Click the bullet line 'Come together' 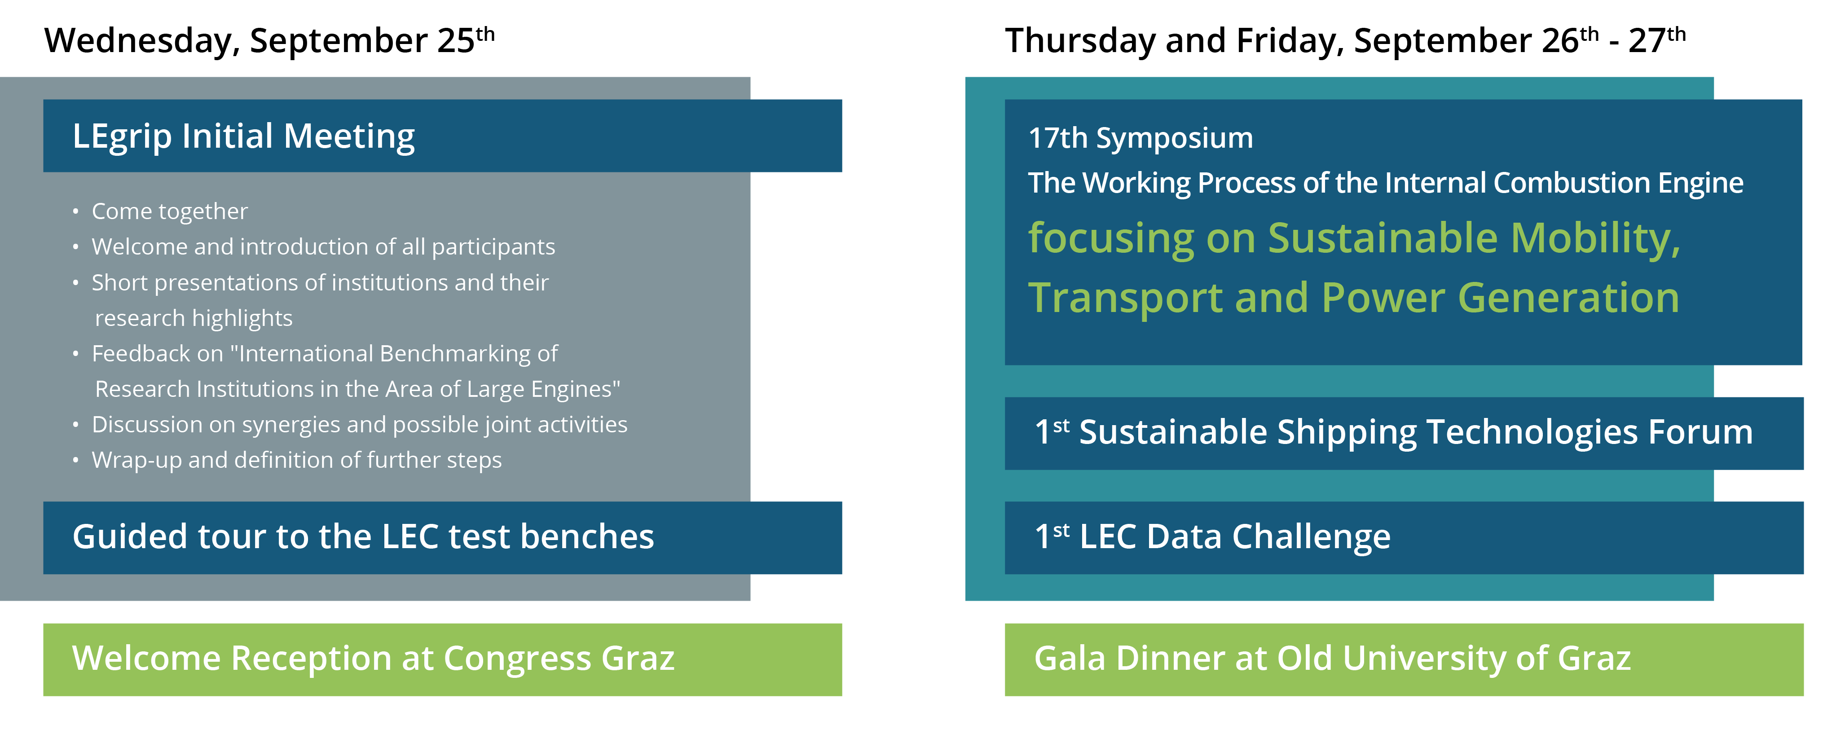coord(170,211)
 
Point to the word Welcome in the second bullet coord(139,246)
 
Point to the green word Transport coord(1126,299)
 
